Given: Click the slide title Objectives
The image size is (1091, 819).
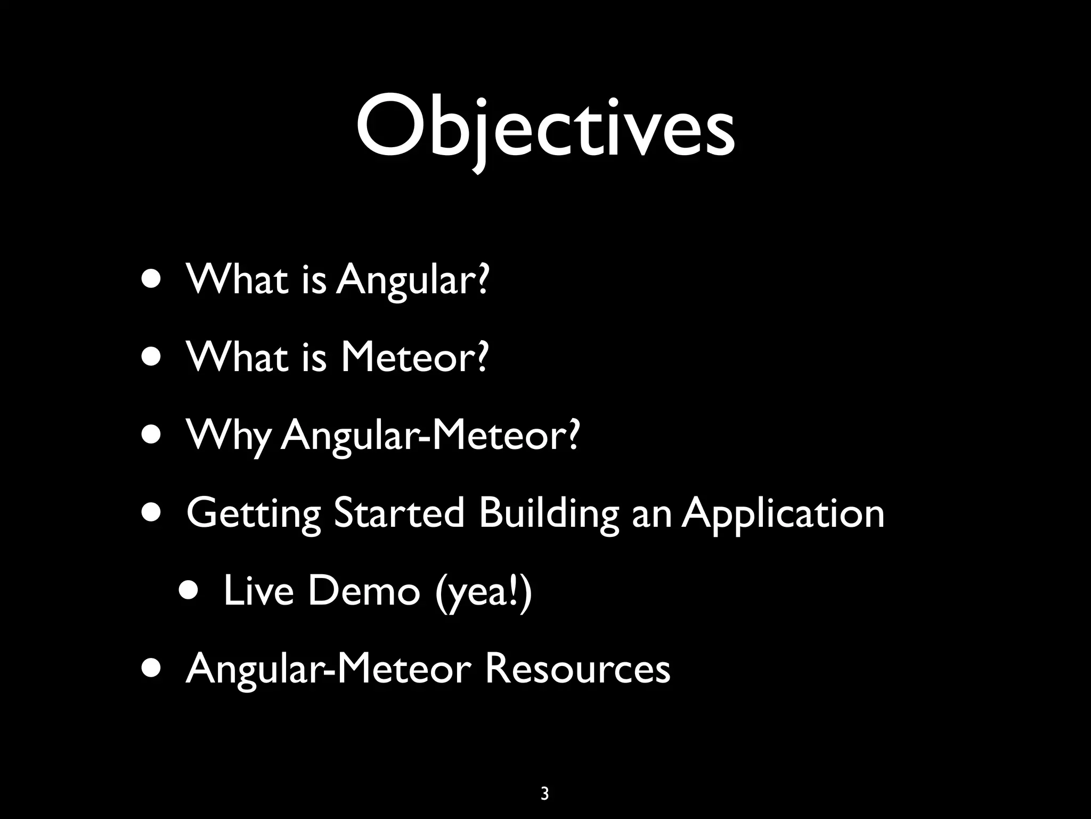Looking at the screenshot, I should coord(545,130).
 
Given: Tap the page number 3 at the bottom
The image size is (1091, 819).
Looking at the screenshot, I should coord(544,793).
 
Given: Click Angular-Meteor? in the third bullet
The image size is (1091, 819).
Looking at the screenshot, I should coord(429,435).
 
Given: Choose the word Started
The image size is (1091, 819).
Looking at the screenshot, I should coord(399,513).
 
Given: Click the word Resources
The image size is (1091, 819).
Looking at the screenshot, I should coord(577,669).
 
